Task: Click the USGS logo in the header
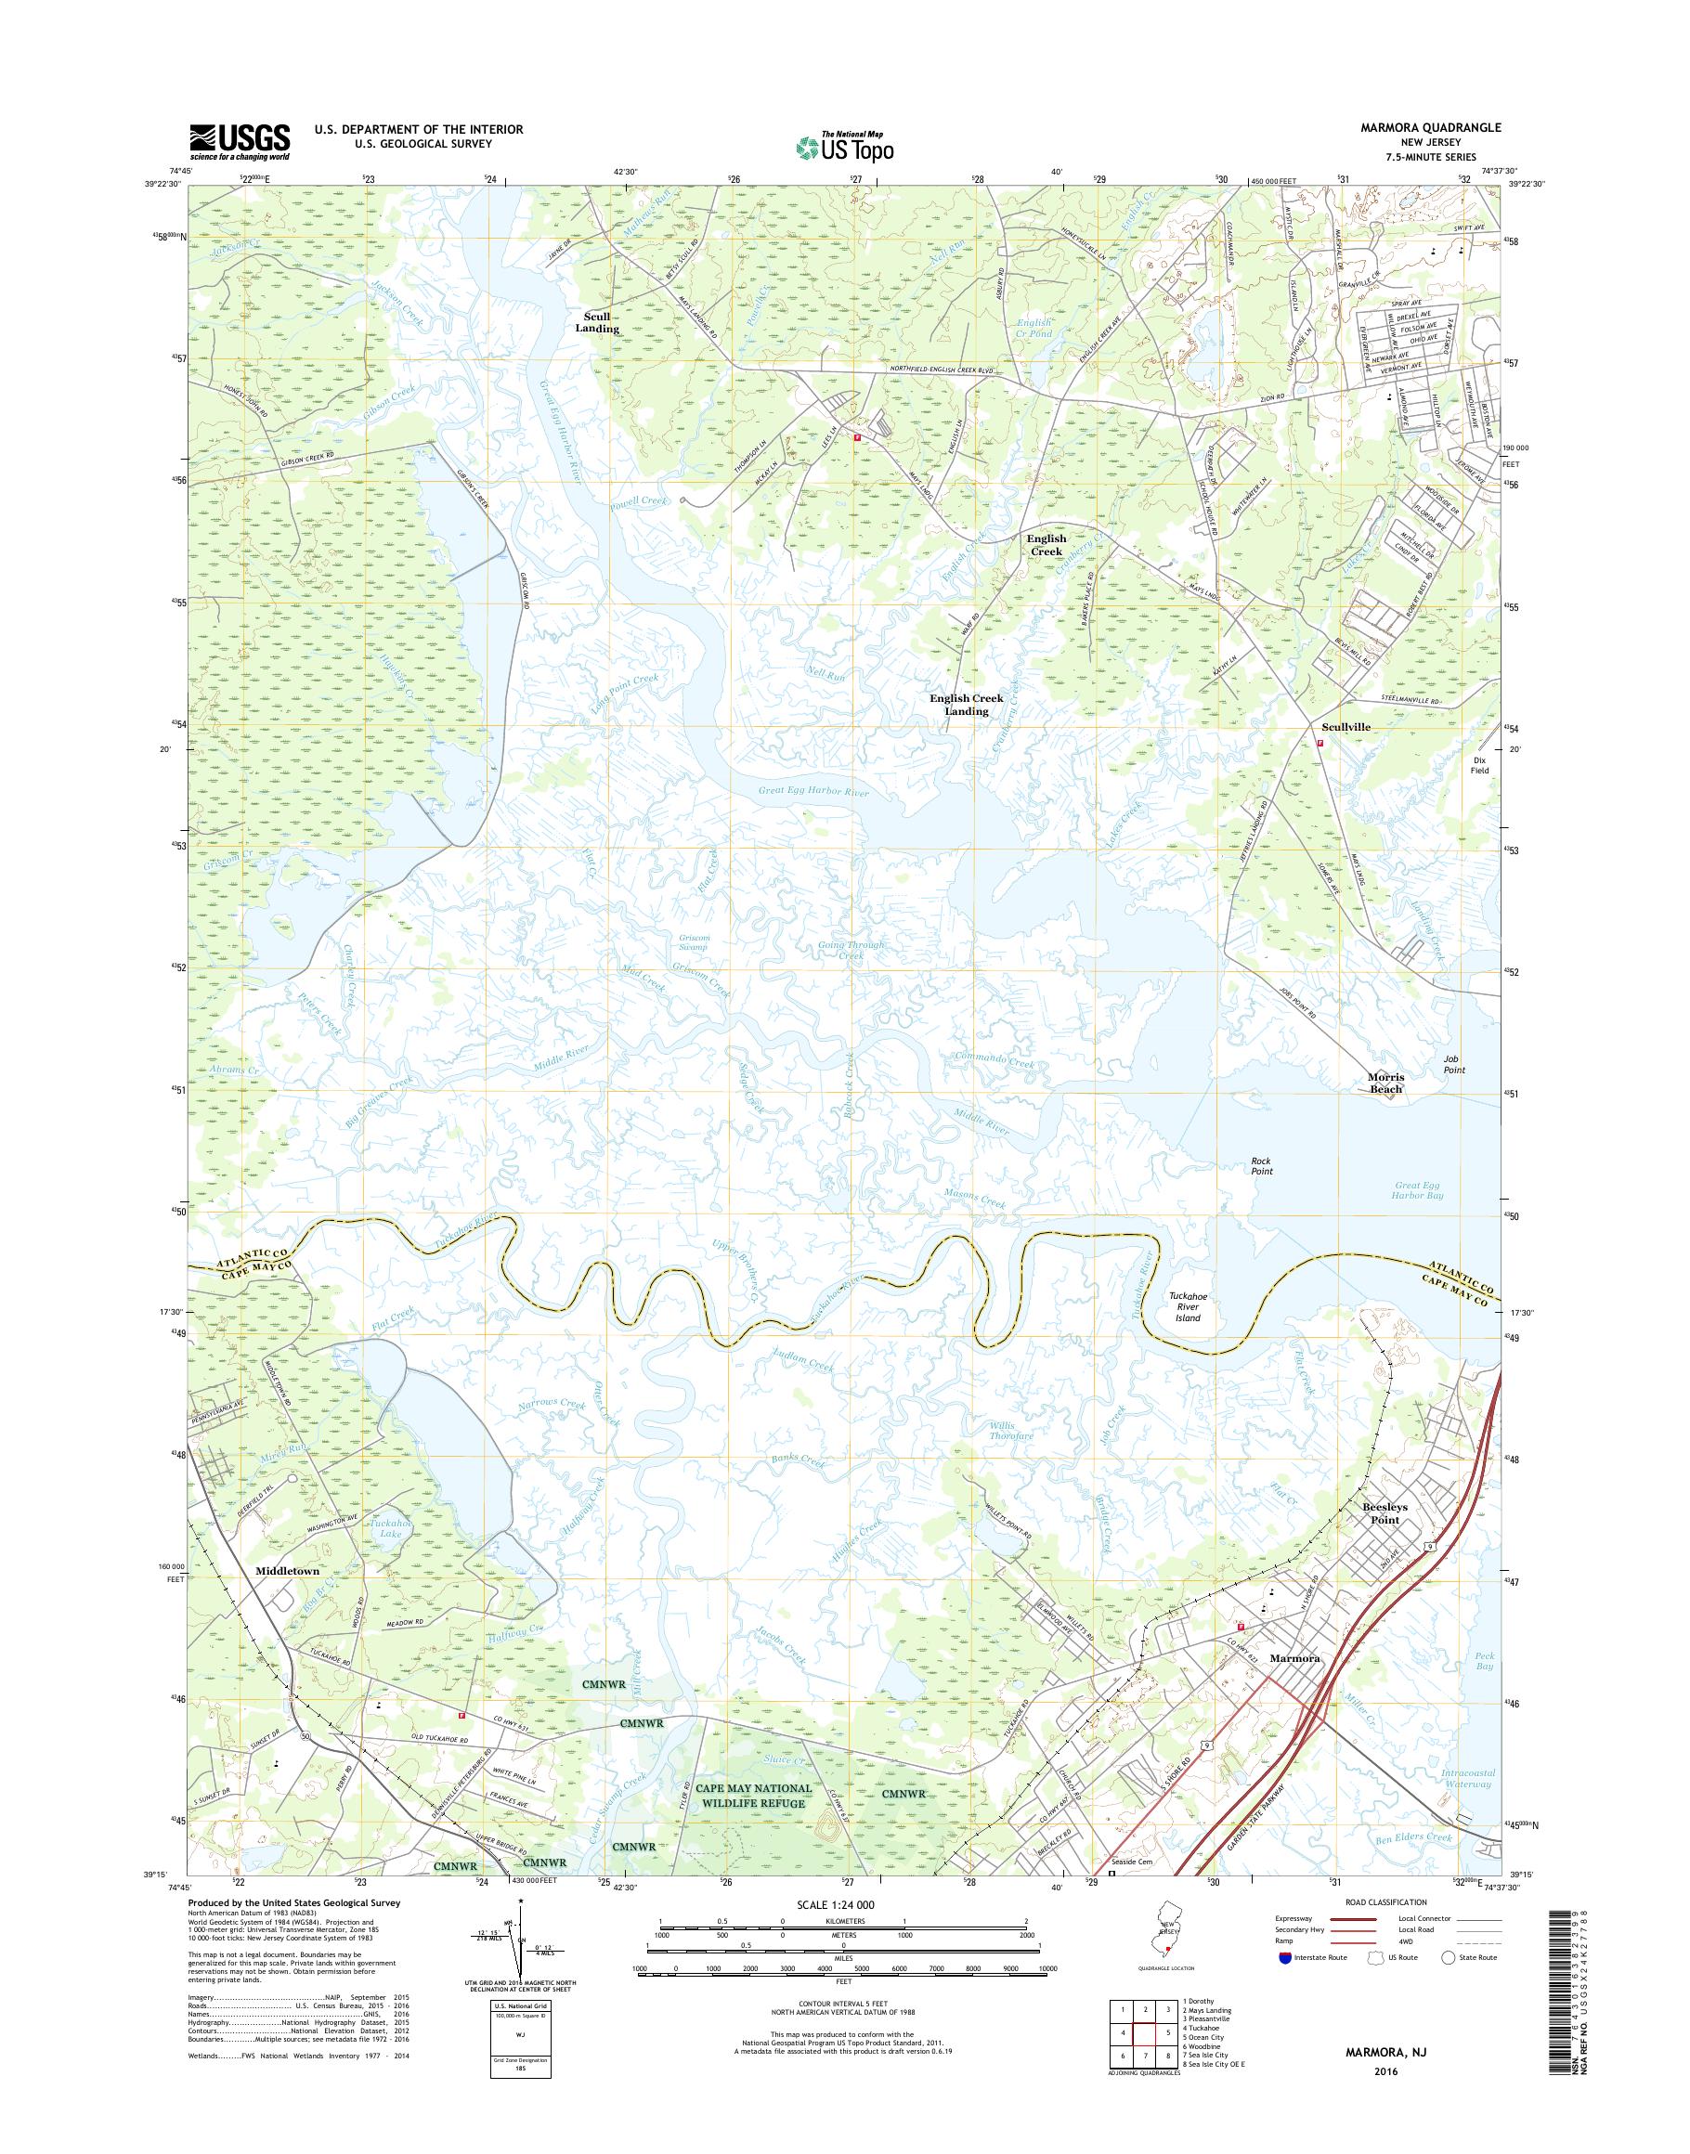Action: pyautogui.click(x=240, y=141)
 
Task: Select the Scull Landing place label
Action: pyautogui.click(x=597, y=322)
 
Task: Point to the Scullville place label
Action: pyautogui.click(x=1345, y=726)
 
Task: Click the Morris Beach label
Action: pyautogui.click(x=1385, y=1083)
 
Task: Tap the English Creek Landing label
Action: pyautogui.click(x=966, y=705)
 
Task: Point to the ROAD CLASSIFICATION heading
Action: pyautogui.click(x=1384, y=1901)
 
